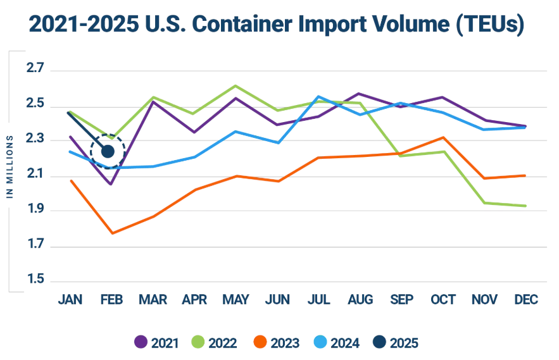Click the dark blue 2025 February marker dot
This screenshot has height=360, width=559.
(108, 151)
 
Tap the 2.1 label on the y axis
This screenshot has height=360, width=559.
(37, 175)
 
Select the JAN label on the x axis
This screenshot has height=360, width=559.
(70, 300)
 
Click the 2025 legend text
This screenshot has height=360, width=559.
(404, 343)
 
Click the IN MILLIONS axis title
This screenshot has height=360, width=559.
(10, 166)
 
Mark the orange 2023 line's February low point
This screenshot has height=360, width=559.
(112, 233)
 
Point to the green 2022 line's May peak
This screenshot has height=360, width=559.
(235, 85)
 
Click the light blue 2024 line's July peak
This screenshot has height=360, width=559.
(318, 96)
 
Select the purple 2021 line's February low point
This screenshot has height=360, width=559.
(111, 184)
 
